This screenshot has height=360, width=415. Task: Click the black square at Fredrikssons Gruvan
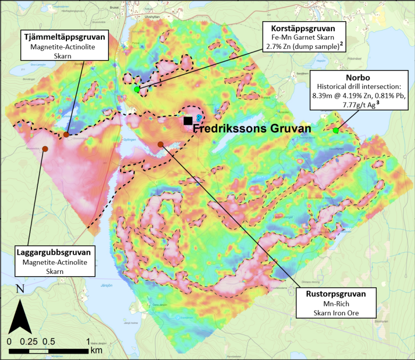tap(188, 121)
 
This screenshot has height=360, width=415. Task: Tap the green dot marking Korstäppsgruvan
tap(137, 89)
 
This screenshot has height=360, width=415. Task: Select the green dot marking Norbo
tap(336, 131)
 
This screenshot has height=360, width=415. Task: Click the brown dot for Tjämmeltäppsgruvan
tap(66, 134)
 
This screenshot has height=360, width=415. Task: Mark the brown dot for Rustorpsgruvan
tap(160, 144)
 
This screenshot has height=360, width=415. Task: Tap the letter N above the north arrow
tap(20, 289)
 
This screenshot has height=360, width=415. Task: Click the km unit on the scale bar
tap(96, 350)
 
